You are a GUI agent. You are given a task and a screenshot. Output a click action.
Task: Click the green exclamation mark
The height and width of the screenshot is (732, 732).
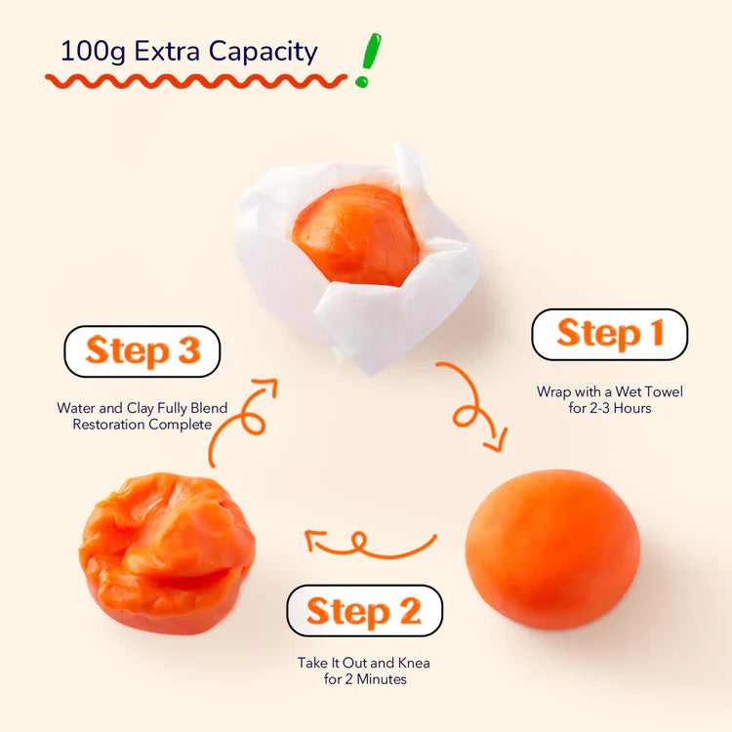(368, 60)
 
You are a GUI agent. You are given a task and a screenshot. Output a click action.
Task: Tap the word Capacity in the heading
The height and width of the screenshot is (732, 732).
(263, 52)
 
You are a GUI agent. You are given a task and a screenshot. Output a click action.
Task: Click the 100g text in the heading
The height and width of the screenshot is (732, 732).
(93, 52)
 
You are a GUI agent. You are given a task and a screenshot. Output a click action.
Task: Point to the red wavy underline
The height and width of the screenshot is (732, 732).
(196, 81)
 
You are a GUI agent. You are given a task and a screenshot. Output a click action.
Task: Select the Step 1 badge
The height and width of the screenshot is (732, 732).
(609, 334)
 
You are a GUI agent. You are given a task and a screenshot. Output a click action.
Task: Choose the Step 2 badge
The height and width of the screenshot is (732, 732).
(365, 611)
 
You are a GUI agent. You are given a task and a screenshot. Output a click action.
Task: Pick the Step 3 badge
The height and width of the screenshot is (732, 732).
(142, 351)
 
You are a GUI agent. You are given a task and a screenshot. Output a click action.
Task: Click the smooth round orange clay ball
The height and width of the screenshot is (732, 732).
(552, 549)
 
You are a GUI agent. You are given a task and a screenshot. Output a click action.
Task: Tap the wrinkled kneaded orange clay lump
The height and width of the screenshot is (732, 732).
(167, 553)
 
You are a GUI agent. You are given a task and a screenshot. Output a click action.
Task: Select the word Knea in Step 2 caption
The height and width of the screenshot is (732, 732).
(414, 663)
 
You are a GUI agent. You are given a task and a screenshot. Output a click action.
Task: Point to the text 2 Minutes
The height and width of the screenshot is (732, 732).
(376, 679)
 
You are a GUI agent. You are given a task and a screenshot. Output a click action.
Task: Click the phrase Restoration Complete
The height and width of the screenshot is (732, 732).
(142, 425)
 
